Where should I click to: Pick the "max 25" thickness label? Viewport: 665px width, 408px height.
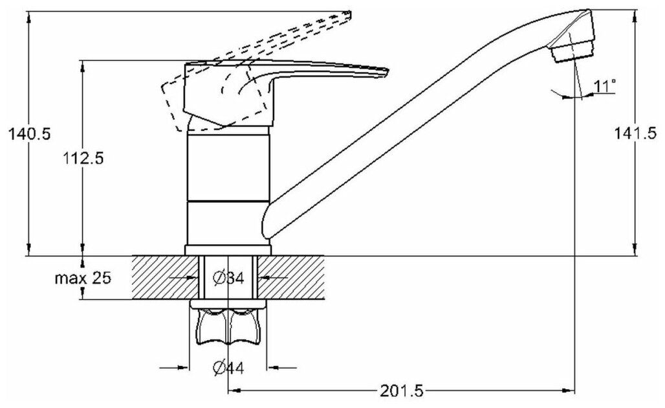[x=83, y=278]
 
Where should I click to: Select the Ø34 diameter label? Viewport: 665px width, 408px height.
[x=228, y=278]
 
